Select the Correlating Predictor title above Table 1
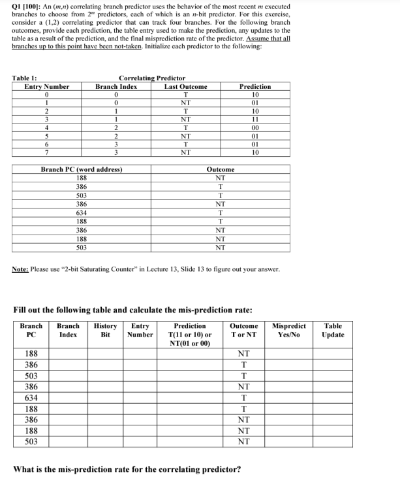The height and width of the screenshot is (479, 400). pos(151,78)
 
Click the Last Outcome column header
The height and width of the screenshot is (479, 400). pos(185,87)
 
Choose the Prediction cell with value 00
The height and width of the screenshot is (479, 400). pos(255,129)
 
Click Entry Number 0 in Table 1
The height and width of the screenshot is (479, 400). pos(46,95)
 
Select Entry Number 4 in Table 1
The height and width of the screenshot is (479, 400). pos(46,129)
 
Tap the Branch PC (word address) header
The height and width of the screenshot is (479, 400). pos(82,170)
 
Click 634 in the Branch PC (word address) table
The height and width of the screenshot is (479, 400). pos(82,212)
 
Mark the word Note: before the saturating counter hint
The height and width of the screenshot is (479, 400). pos(22,269)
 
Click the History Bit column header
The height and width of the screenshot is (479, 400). pos(106,330)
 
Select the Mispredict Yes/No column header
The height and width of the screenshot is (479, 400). pos(288,330)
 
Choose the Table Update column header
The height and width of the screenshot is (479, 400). pos(332,330)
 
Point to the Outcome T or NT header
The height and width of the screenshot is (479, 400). pos(243,330)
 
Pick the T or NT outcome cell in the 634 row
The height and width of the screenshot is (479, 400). pos(243,397)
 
